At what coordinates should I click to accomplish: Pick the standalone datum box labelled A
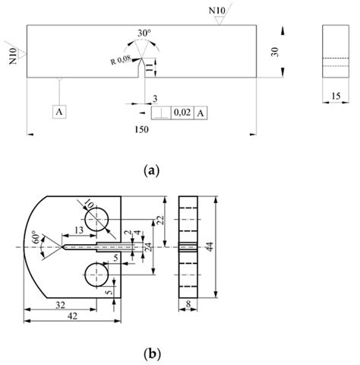pyautogui.click(x=60, y=111)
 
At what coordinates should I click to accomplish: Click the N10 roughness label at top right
pyautogui.click(x=218, y=11)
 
